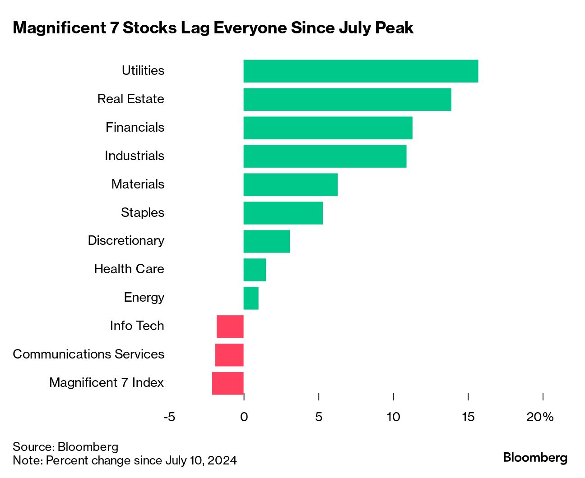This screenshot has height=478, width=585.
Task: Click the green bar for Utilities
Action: coord(360,71)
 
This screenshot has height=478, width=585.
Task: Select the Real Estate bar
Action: coord(347,100)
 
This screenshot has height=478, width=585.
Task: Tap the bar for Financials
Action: coord(328,128)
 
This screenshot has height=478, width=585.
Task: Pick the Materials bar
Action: coord(290,185)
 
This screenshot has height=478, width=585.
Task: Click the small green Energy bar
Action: coord(251,298)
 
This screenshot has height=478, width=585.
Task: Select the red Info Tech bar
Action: coord(230,326)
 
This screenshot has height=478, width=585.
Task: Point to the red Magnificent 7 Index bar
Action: coord(228,383)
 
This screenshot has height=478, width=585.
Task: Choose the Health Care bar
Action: coord(255,270)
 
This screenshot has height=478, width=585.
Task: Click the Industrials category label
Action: coord(135,156)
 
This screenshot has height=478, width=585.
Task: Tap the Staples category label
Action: coord(143,212)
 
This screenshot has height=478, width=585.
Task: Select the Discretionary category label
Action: coord(126,241)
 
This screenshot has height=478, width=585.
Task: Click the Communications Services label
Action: coord(88,354)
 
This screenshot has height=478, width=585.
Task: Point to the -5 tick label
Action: coord(169,417)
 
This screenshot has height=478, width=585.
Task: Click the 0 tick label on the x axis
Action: coord(244,417)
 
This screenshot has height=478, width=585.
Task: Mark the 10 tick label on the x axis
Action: coord(393,417)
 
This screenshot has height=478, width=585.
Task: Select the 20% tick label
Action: coord(540,417)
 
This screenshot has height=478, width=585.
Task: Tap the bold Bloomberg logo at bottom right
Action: coord(535,458)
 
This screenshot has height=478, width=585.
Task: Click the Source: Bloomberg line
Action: coord(65,447)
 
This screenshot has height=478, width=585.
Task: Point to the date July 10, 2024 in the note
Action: coord(200,460)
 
